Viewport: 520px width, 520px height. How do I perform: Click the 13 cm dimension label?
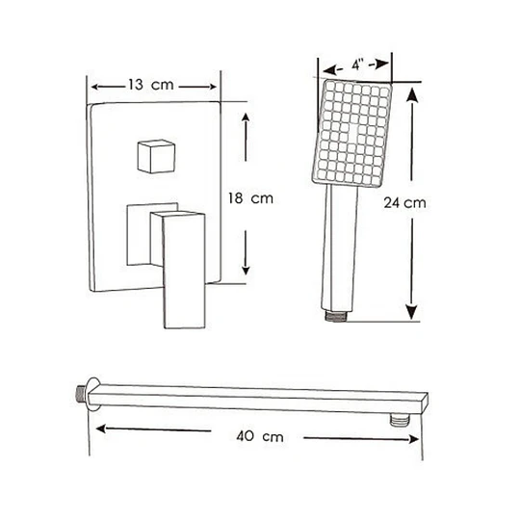pyautogui.click(x=151, y=85)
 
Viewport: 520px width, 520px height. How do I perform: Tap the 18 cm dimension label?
pyautogui.click(x=250, y=198)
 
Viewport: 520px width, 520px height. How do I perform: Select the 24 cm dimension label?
pyautogui.click(x=404, y=202)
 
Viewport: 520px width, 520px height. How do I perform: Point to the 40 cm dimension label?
pyautogui.click(x=260, y=436)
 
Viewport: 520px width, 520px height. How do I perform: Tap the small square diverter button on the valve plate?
pyautogui.click(x=156, y=156)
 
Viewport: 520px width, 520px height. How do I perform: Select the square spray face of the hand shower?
pyautogui.click(x=352, y=133)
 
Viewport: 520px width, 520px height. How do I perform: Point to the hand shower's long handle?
pyautogui.click(x=340, y=247)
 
